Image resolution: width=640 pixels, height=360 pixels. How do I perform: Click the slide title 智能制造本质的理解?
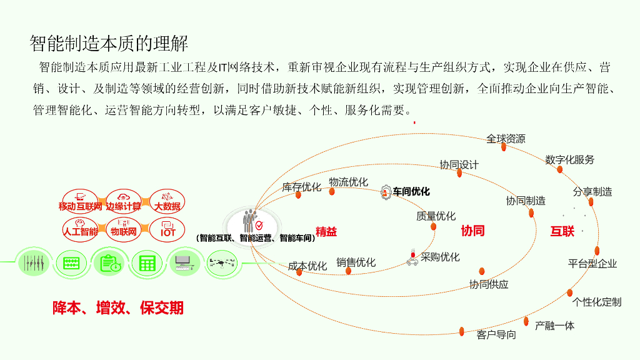coord(109,43)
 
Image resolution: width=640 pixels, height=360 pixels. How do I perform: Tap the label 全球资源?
coord(506,139)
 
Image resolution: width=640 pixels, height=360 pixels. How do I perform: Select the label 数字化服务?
coord(569,160)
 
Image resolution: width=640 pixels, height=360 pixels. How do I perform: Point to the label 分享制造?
coord(592,192)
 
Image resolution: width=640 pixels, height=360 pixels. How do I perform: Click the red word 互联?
coord(562,231)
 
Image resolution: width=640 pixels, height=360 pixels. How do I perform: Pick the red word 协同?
coord(472,231)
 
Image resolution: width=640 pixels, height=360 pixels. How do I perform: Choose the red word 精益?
coord(326,232)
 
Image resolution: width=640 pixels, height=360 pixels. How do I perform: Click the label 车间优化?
coord(411,192)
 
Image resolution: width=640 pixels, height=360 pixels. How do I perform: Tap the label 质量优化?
coord(436,216)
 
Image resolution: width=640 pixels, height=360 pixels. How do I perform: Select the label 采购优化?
coord(440,257)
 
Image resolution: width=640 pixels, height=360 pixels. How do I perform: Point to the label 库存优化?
coord(301,187)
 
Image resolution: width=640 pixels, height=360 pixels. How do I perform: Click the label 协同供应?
coord(489,284)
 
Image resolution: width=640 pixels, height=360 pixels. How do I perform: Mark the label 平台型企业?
coord(592,263)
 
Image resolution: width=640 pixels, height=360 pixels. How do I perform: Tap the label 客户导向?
coord(496,335)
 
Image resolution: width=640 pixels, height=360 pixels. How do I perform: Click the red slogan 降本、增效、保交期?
coord(118,307)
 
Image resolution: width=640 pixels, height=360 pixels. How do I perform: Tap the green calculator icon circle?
coord(147,263)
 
